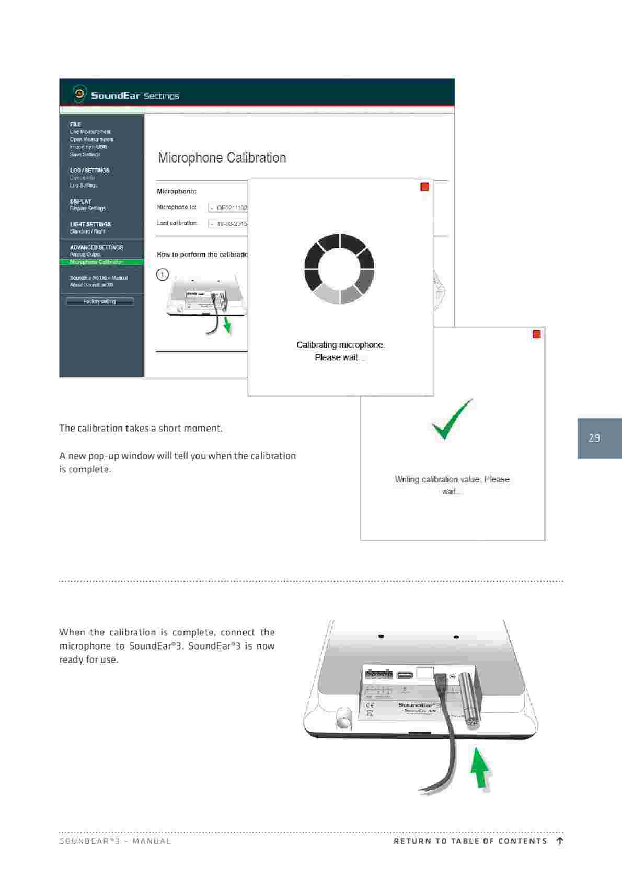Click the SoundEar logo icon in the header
[x=79, y=95]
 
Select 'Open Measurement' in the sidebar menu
[x=91, y=140]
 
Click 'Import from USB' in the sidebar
[x=88, y=147]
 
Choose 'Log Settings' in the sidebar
[x=84, y=186]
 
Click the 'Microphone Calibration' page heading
[x=222, y=158]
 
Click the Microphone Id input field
[x=228, y=207]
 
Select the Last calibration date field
[x=228, y=224]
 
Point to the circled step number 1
[x=163, y=274]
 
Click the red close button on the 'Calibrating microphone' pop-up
[x=424, y=187]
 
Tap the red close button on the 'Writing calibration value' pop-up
[x=536, y=334]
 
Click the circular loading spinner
[x=339, y=269]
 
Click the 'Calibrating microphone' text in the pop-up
[x=340, y=345]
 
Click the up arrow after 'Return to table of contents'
[x=560, y=841]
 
